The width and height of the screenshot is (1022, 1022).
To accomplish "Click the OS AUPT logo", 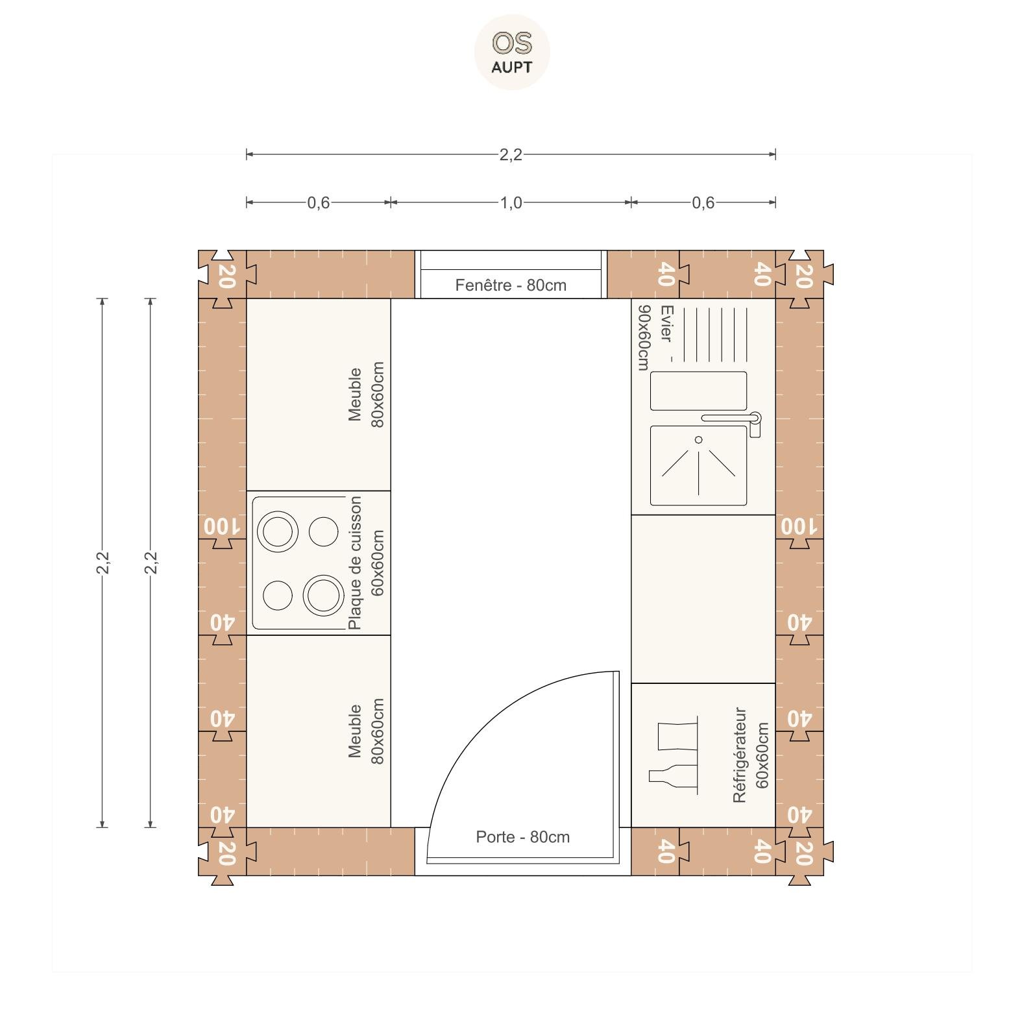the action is tap(512, 52).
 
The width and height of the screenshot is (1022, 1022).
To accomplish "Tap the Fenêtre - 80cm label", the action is tap(511, 286).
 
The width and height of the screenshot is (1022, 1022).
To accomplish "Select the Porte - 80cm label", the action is tap(523, 837).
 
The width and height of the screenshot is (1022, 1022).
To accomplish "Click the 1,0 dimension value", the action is tap(511, 203).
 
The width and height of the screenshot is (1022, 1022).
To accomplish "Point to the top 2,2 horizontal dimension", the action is tap(511, 154).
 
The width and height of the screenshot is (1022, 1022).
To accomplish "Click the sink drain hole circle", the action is tap(699, 440).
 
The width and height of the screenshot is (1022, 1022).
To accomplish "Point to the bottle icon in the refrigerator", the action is tap(673, 777).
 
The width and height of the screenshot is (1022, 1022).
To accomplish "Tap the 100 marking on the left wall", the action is tap(222, 526).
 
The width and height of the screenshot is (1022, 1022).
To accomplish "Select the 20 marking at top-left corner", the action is tap(226, 276).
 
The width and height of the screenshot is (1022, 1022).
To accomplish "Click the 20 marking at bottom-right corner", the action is tap(803, 853).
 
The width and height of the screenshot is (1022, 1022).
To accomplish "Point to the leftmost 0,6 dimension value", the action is tap(319, 203).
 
